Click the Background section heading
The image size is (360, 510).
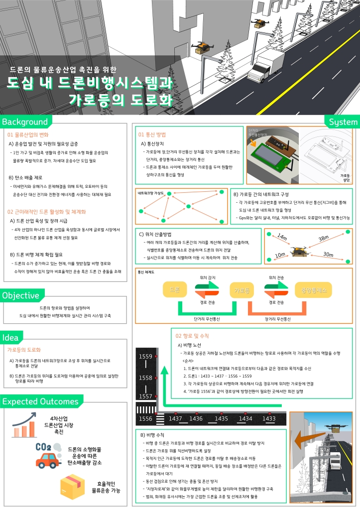pyautogui.click(x=25, y=122)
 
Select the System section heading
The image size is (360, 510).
pyautogui.click(x=343, y=122)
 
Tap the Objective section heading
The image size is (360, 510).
pyautogui.click(x=20, y=295)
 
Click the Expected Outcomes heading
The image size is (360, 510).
pyautogui.click(x=40, y=401)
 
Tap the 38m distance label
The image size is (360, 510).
pyautogui.click(x=324, y=238)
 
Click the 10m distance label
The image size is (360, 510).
pyautogui.click(x=280, y=255)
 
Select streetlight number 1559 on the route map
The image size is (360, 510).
pyautogui.click(x=146, y=357)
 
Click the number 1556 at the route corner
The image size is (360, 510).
pyautogui.click(x=146, y=419)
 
